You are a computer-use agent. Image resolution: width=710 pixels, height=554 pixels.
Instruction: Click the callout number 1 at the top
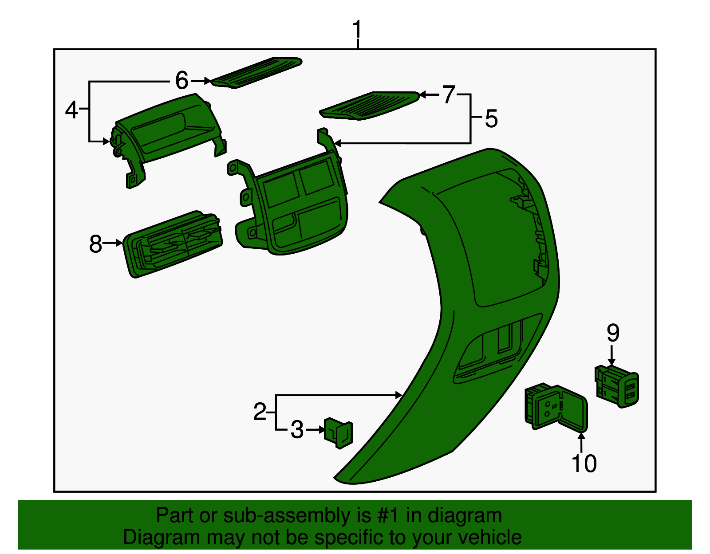357,29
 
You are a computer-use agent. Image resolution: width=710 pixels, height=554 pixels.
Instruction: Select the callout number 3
297,430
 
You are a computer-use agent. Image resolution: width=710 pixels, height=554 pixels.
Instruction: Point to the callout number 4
71,110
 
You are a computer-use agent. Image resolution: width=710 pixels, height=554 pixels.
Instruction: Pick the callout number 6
182,80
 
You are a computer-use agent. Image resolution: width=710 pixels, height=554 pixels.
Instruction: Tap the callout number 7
449,94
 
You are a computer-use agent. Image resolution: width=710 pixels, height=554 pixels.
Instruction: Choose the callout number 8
96,244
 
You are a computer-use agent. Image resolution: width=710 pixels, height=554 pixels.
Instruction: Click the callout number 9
613,333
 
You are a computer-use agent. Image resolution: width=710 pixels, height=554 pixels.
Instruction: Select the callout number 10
584,463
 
